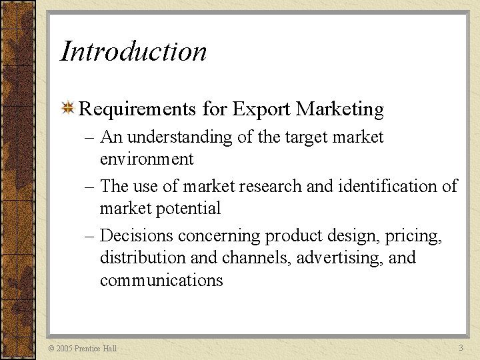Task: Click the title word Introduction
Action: pos(133,51)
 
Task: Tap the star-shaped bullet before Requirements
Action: pos(67,109)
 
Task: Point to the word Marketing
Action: pos(340,109)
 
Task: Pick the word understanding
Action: pos(176,137)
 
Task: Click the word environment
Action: pos(147,159)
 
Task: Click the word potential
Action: pos(193,209)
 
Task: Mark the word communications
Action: pos(161,280)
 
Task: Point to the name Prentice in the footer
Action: pos(88,349)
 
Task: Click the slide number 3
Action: pos(461,348)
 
